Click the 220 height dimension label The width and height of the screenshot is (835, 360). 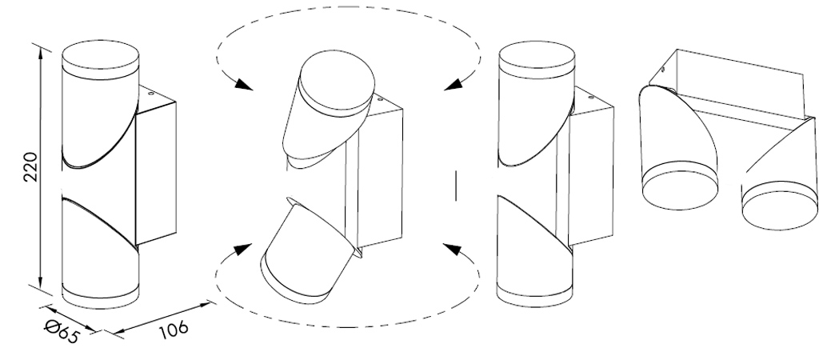click(x=31, y=166)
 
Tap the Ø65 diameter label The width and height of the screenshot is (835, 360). click(x=62, y=331)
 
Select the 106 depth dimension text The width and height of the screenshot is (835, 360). click(x=174, y=330)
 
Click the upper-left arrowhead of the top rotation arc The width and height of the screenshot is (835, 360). click(x=243, y=84)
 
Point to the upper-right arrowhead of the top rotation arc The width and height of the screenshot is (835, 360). click(x=453, y=84)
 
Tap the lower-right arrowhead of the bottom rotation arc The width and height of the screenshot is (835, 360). click(x=452, y=249)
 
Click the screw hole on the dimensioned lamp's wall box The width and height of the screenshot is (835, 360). click(x=150, y=94)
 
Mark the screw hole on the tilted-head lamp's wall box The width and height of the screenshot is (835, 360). click(x=379, y=99)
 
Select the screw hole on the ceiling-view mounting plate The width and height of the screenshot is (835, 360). click(x=662, y=68)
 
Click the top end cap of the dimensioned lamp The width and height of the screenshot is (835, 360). click(x=101, y=59)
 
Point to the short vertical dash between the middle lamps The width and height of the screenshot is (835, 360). click(x=457, y=186)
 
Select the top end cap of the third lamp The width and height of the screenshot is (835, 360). click(x=537, y=62)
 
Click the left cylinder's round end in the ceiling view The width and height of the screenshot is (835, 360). click(x=680, y=186)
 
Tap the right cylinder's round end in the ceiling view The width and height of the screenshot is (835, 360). click(x=780, y=206)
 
